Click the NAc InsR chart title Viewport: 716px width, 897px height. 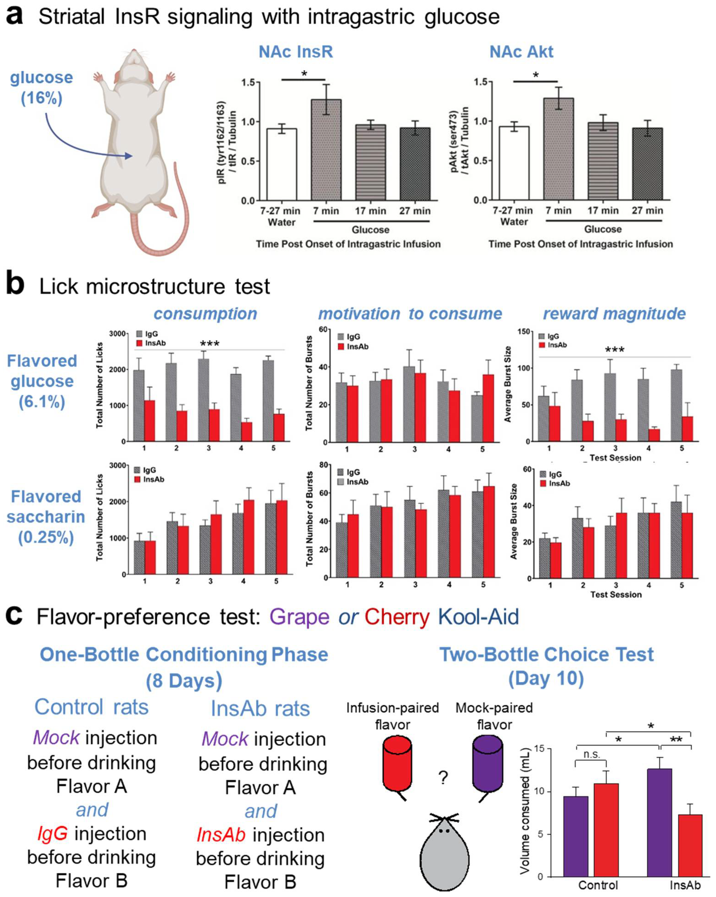(x=296, y=52)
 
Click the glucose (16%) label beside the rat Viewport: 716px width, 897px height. (x=42, y=88)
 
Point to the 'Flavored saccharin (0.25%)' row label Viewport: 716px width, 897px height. (x=46, y=517)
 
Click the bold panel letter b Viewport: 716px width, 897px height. (x=15, y=285)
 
